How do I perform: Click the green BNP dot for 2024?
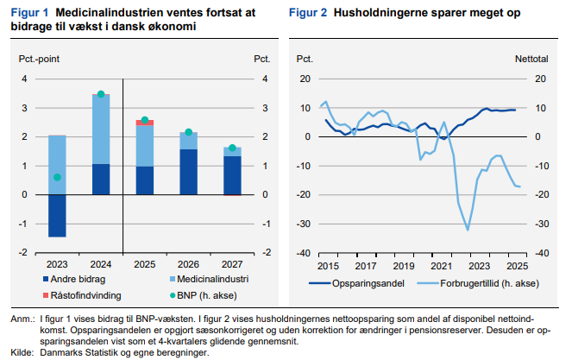101,94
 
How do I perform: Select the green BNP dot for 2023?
57,177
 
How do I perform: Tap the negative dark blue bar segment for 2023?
57,215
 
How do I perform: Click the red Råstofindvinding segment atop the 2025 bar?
145,123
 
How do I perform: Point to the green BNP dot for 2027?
232,148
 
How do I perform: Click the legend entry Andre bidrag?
71,280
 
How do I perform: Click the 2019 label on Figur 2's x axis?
404,265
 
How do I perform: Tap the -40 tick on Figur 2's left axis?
304,254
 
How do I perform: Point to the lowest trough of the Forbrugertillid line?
468,230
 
